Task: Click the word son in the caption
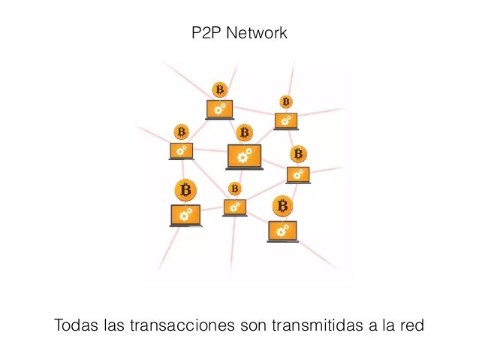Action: (255, 327)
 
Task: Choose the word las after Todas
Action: (113, 327)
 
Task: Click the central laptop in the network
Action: (244, 156)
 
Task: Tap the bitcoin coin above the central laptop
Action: (244, 133)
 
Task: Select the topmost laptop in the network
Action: (219, 110)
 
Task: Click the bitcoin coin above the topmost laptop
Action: (219, 90)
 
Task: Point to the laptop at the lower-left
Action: (185, 216)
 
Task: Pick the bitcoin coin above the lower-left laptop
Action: (185, 189)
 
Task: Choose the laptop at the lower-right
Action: (282, 231)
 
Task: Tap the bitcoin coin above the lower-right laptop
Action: (282, 205)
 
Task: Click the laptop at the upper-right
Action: (285, 120)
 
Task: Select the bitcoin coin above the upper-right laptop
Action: (285, 101)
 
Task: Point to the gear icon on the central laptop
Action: (244, 156)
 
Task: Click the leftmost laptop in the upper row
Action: (181, 150)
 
